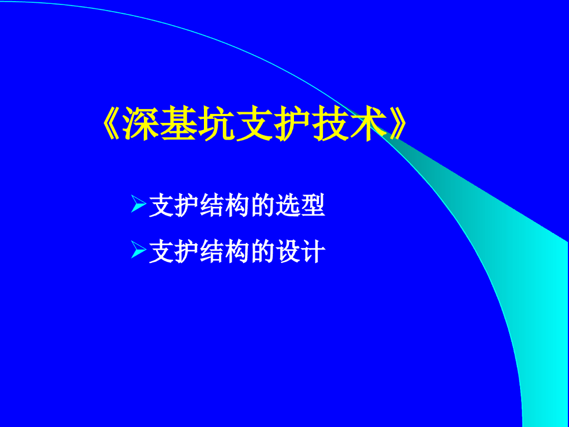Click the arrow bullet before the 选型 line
138,205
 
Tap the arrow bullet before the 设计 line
138,251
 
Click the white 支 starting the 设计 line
161,252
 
